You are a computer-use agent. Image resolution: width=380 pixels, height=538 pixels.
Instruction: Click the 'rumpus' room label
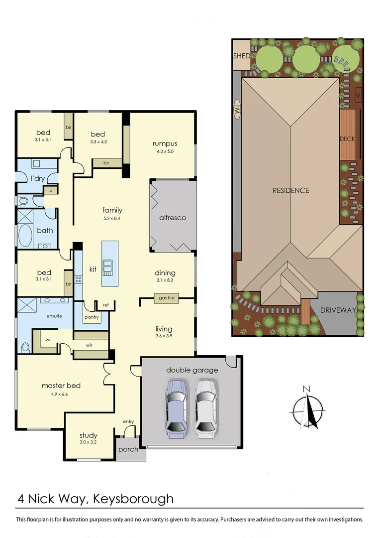[165, 144]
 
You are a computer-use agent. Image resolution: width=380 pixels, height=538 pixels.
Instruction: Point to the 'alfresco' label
[173, 218]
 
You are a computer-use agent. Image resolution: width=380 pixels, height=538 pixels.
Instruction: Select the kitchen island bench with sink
[110, 263]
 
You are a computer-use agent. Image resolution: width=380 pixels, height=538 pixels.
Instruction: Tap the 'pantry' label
[92, 317]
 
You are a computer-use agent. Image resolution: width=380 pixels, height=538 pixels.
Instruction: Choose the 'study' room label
[88, 435]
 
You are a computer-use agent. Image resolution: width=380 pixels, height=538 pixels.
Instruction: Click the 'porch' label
[127, 449]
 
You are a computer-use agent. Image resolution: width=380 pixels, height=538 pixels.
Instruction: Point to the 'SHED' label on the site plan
[242, 56]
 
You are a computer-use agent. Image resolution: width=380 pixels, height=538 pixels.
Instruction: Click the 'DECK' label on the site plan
[347, 138]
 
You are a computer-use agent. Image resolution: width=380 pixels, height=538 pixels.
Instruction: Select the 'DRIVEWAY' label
[338, 310]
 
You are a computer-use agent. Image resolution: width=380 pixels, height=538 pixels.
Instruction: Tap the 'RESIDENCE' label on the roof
[290, 190]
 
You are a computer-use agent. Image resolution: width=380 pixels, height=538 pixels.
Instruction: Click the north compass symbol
[307, 409]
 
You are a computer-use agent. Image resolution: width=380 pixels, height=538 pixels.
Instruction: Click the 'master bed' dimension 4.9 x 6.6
[61, 394]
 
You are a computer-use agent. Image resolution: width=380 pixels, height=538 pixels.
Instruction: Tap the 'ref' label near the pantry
[105, 305]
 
